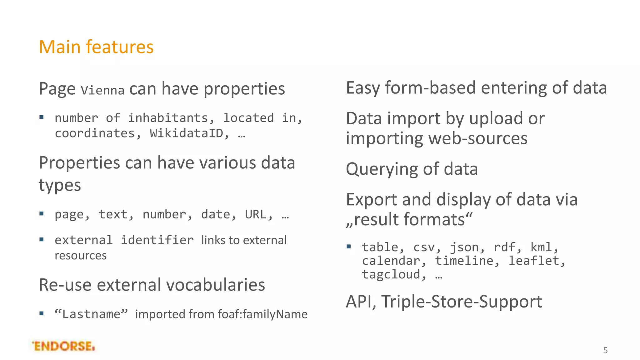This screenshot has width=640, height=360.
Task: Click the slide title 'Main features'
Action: pos(96,47)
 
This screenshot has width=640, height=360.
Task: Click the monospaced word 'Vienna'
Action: pos(102,91)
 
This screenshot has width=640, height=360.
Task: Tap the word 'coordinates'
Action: pos(95,133)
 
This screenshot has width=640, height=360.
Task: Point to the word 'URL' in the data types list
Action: pos(255,215)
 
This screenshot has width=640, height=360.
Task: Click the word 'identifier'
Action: pos(157,240)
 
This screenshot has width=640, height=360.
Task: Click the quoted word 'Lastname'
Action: pos(91,314)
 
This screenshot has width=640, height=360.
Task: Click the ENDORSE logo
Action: pos(63,346)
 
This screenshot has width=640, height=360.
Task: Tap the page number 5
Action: pos(605,350)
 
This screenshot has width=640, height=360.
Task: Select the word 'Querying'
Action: pos(382,169)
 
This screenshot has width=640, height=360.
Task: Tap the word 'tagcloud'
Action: pos(391,275)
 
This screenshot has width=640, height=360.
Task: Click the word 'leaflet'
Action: pos(533,261)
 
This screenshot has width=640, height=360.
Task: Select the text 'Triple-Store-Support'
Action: pos(462,302)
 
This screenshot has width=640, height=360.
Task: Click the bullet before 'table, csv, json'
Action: pos(349,247)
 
